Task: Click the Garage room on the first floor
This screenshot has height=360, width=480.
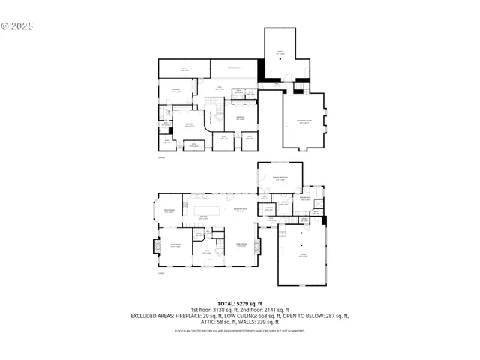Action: pos(303,255)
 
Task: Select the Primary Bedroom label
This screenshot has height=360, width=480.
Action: pos(280,178)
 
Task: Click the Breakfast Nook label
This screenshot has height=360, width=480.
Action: pos(241,210)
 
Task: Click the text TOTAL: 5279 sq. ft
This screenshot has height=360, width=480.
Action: pos(239,302)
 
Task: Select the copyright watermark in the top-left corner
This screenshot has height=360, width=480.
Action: pos(16,25)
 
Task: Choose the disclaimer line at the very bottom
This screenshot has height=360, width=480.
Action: pos(239,330)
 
